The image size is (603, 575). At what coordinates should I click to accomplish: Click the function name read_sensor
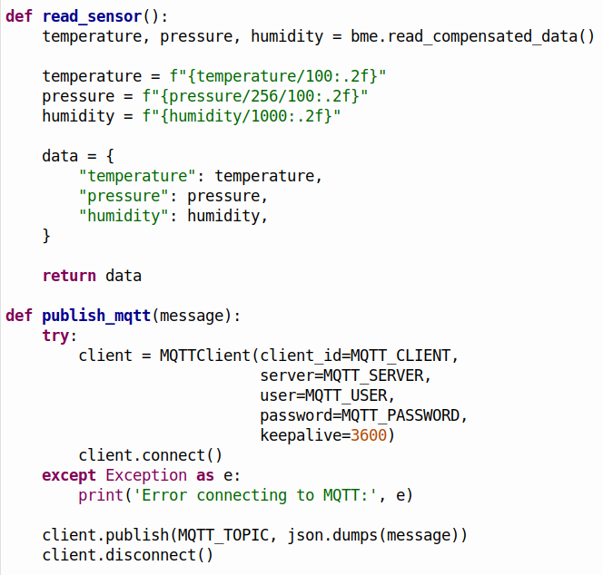[x=92, y=16]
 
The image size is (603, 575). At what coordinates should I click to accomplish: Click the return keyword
[x=69, y=276]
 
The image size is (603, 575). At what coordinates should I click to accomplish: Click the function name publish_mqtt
[x=96, y=316]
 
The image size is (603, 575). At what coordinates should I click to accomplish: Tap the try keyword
[x=55, y=336]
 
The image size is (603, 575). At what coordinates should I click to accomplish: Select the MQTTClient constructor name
[x=205, y=356]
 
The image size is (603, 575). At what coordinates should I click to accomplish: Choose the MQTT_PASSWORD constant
[x=400, y=415]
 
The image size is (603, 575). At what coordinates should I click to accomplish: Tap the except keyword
[x=69, y=475]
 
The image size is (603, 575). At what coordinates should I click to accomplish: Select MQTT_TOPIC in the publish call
[x=223, y=535]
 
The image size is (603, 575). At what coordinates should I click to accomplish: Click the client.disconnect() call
[x=128, y=555]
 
